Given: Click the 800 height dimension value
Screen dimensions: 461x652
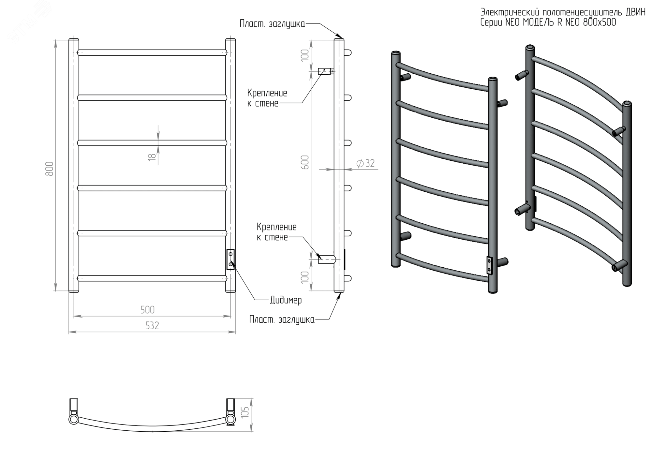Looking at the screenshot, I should click(x=49, y=169).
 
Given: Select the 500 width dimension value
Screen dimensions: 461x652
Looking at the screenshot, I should click(x=147, y=310).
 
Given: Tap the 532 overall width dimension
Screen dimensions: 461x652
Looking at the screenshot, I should click(x=152, y=326).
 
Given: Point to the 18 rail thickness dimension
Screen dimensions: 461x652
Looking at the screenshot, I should click(x=152, y=157).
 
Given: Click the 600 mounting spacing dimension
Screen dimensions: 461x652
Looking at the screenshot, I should click(x=305, y=162).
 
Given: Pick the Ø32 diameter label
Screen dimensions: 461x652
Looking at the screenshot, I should click(x=365, y=163).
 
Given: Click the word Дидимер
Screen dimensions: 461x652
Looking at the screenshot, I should click(x=286, y=300).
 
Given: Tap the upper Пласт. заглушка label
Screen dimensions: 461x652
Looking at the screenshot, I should click(x=272, y=24).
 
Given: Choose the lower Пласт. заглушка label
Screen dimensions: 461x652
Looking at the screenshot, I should click(x=282, y=320).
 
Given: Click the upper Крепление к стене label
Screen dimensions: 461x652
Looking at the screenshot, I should click(x=267, y=98).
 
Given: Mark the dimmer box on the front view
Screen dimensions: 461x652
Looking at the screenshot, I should click(x=230, y=259).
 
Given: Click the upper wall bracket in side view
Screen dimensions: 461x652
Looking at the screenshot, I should click(x=325, y=71).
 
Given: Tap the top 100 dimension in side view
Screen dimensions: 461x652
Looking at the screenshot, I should click(x=305, y=55).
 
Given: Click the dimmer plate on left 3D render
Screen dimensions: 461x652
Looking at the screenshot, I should click(x=489, y=265).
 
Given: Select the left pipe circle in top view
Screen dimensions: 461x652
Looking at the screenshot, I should click(x=74, y=419).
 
